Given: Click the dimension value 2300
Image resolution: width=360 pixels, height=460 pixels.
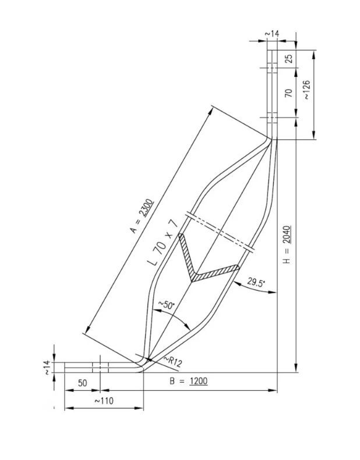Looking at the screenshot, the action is (x=146, y=208).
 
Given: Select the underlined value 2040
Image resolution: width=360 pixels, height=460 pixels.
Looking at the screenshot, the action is (x=287, y=235).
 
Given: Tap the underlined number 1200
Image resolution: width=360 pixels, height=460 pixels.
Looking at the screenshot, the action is (x=198, y=381).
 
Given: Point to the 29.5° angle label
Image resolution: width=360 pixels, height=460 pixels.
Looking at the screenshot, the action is (x=256, y=282).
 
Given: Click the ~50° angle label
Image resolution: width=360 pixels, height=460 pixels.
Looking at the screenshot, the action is (x=167, y=305).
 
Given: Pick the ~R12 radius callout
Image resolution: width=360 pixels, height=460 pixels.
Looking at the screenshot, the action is (x=173, y=362).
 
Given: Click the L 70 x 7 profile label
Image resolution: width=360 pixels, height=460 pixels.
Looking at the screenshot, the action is (x=164, y=242).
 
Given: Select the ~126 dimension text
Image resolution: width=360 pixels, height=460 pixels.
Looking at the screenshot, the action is (x=306, y=90).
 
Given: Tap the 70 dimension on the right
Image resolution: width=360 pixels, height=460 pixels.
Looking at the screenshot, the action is (x=289, y=93).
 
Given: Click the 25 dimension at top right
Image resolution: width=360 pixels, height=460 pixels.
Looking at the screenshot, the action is (x=289, y=59).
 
